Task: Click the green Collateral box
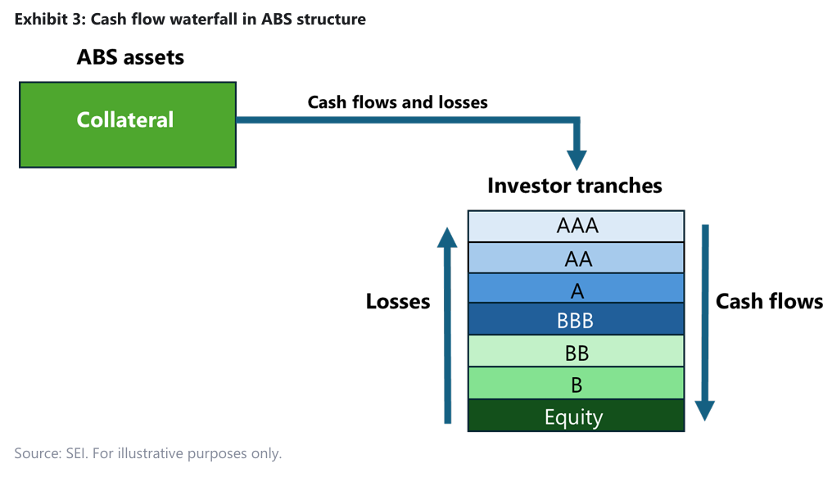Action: click(x=127, y=124)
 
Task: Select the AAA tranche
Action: click(x=576, y=226)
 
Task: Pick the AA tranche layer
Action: click(x=576, y=258)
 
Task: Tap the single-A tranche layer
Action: click(x=576, y=289)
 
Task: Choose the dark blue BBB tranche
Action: click(x=576, y=320)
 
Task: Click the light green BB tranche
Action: click(x=576, y=352)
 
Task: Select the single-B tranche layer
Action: click(x=576, y=383)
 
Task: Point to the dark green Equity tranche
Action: click(x=576, y=416)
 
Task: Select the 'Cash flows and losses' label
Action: click(x=397, y=102)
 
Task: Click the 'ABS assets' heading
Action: click(x=130, y=57)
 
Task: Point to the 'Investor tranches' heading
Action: click(x=574, y=186)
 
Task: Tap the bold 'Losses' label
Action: click(x=398, y=302)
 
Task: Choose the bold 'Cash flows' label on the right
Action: click(x=769, y=302)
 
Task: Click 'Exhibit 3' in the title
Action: click(x=46, y=19)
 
